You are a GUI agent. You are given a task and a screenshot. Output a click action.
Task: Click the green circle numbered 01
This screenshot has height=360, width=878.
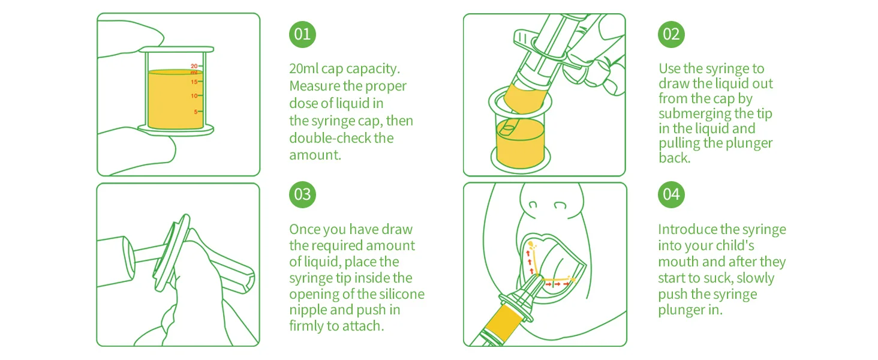(302, 35)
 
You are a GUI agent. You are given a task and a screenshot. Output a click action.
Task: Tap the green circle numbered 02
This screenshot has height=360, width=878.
(671, 35)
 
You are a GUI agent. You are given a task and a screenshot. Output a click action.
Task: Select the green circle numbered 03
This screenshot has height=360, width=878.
(302, 194)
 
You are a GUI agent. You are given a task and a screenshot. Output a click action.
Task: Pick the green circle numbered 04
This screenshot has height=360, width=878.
(671, 194)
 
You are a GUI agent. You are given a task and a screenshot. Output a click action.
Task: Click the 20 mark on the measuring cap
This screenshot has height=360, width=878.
(194, 66)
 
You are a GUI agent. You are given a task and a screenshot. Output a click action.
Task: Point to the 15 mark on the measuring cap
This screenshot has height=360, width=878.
(194, 82)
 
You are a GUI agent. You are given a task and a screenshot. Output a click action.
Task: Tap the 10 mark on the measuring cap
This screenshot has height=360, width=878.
(194, 96)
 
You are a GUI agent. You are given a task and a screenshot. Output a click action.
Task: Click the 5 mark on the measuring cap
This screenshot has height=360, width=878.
(196, 112)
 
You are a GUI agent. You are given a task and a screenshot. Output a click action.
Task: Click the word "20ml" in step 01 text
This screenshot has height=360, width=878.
(303, 68)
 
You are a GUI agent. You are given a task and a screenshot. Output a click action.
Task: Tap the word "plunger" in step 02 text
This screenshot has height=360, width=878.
(749, 143)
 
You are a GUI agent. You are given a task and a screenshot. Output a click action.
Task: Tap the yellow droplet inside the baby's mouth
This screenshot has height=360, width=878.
(531, 245)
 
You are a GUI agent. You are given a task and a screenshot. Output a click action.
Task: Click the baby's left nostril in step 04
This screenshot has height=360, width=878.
(533, 205)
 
